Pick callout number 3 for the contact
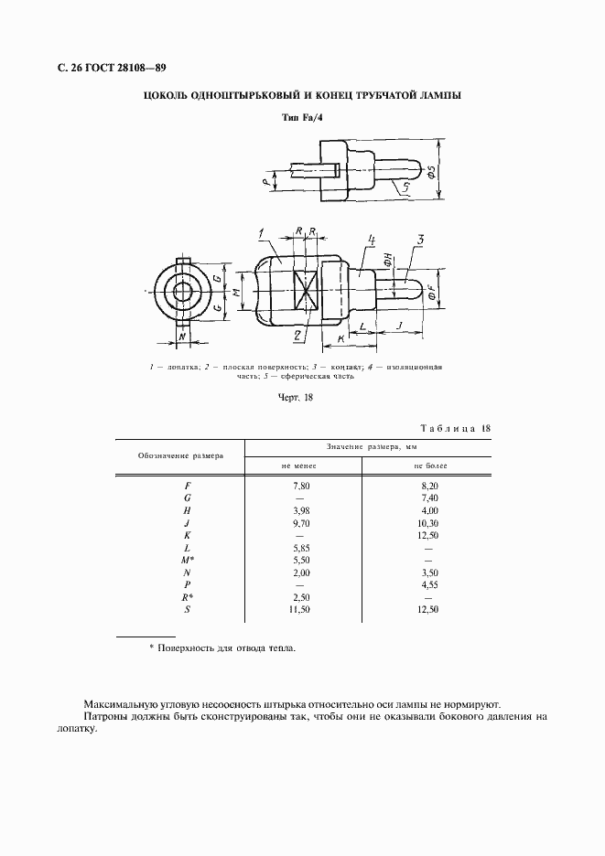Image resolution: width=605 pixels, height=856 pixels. (x=420, y=241)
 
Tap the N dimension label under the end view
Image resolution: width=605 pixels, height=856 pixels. (x=183, y=337)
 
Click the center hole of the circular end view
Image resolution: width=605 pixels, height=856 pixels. (x=183, y=293)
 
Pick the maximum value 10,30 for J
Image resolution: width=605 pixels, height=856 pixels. (x=428, y=522)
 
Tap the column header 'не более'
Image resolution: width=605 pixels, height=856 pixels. (x=427, y=465)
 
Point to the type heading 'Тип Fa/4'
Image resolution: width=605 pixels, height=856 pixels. (x=302, y=118)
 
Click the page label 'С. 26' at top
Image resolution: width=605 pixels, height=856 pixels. (x=73, y=68)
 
